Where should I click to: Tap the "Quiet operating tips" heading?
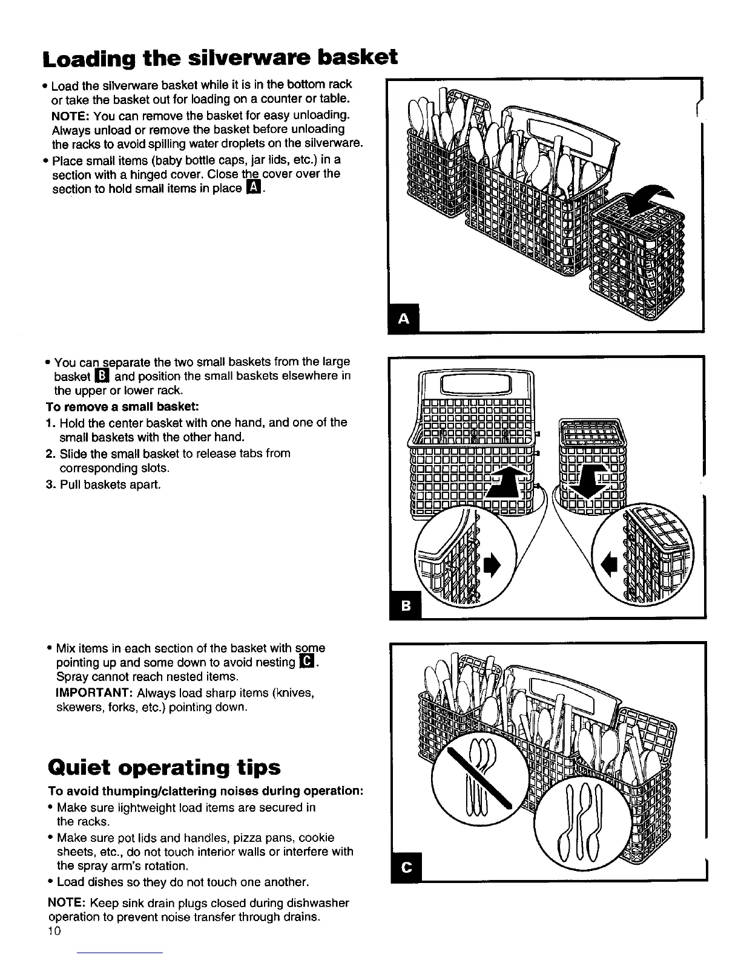pos(164,767)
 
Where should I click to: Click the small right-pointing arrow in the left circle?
pos(492,565)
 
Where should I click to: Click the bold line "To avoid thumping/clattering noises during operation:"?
pos(205,792)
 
